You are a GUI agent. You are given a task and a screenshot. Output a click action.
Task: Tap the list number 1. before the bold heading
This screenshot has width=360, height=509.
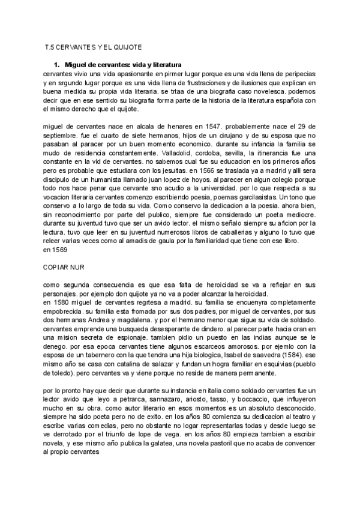pos(58,64)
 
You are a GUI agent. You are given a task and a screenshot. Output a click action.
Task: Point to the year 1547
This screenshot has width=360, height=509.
pos(220,126)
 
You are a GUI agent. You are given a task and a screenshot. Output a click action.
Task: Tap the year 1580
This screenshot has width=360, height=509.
pos(62,303)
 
